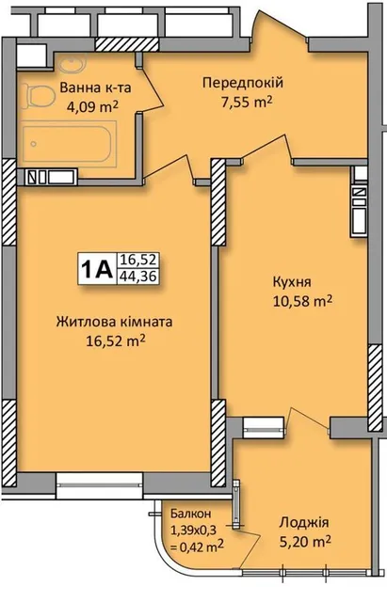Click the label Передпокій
coord(243,83)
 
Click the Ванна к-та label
coord(95,87)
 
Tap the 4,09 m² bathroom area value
coord(91,107)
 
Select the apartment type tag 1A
coord(96,268)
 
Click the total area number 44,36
coord(137,276)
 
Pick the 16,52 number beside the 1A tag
coord(137,261)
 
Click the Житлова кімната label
coord(114,322)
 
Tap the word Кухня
coord(292,282)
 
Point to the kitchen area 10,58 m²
coord(302,301)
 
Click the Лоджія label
coord(303,523)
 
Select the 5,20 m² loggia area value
coord(305,542)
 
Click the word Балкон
coord(190,514)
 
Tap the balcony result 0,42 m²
coord(198,545)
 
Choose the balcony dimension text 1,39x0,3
coord(194,530)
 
